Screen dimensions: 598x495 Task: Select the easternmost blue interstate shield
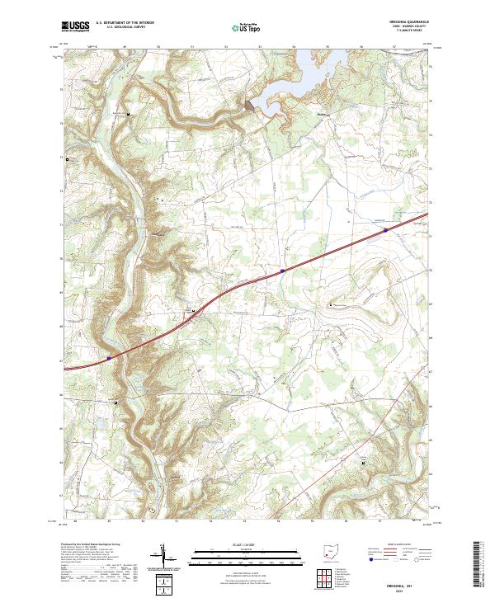click(x=385, y=231)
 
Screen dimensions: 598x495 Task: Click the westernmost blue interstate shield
click(x=109, y=358)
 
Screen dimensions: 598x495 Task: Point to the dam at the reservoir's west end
click(x=249, y=105)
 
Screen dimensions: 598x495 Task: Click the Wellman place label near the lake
click(x=323, y=104)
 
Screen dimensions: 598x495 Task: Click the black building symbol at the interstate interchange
click(x=193, y=311)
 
